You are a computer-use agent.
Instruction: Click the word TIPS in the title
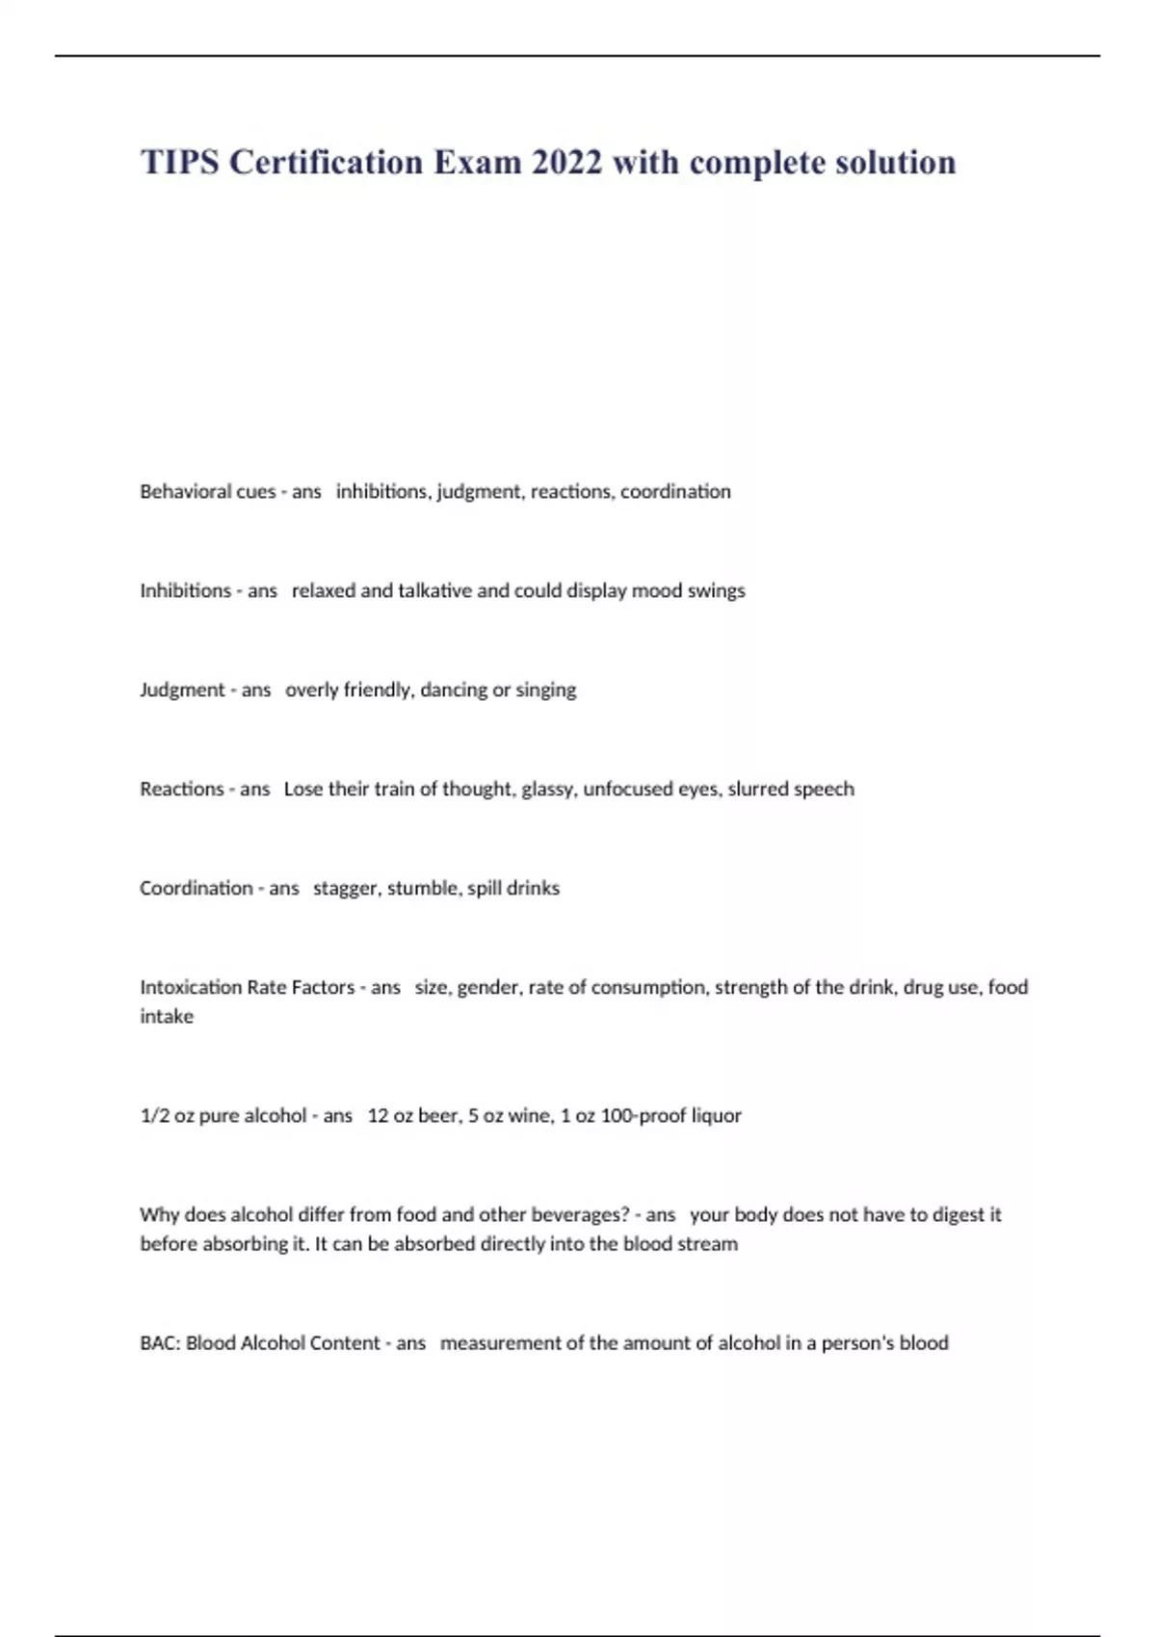pyautogui.click(x=180, y=162)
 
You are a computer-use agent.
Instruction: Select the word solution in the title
pyautogui.click(x=895, y=162)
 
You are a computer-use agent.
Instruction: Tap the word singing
pyautogui.click(x=546, y=689)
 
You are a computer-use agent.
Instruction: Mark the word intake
pyautogui.click(x=167, y=1016)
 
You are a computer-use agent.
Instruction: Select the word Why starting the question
pyautogui.click(x=159, y=1214)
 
